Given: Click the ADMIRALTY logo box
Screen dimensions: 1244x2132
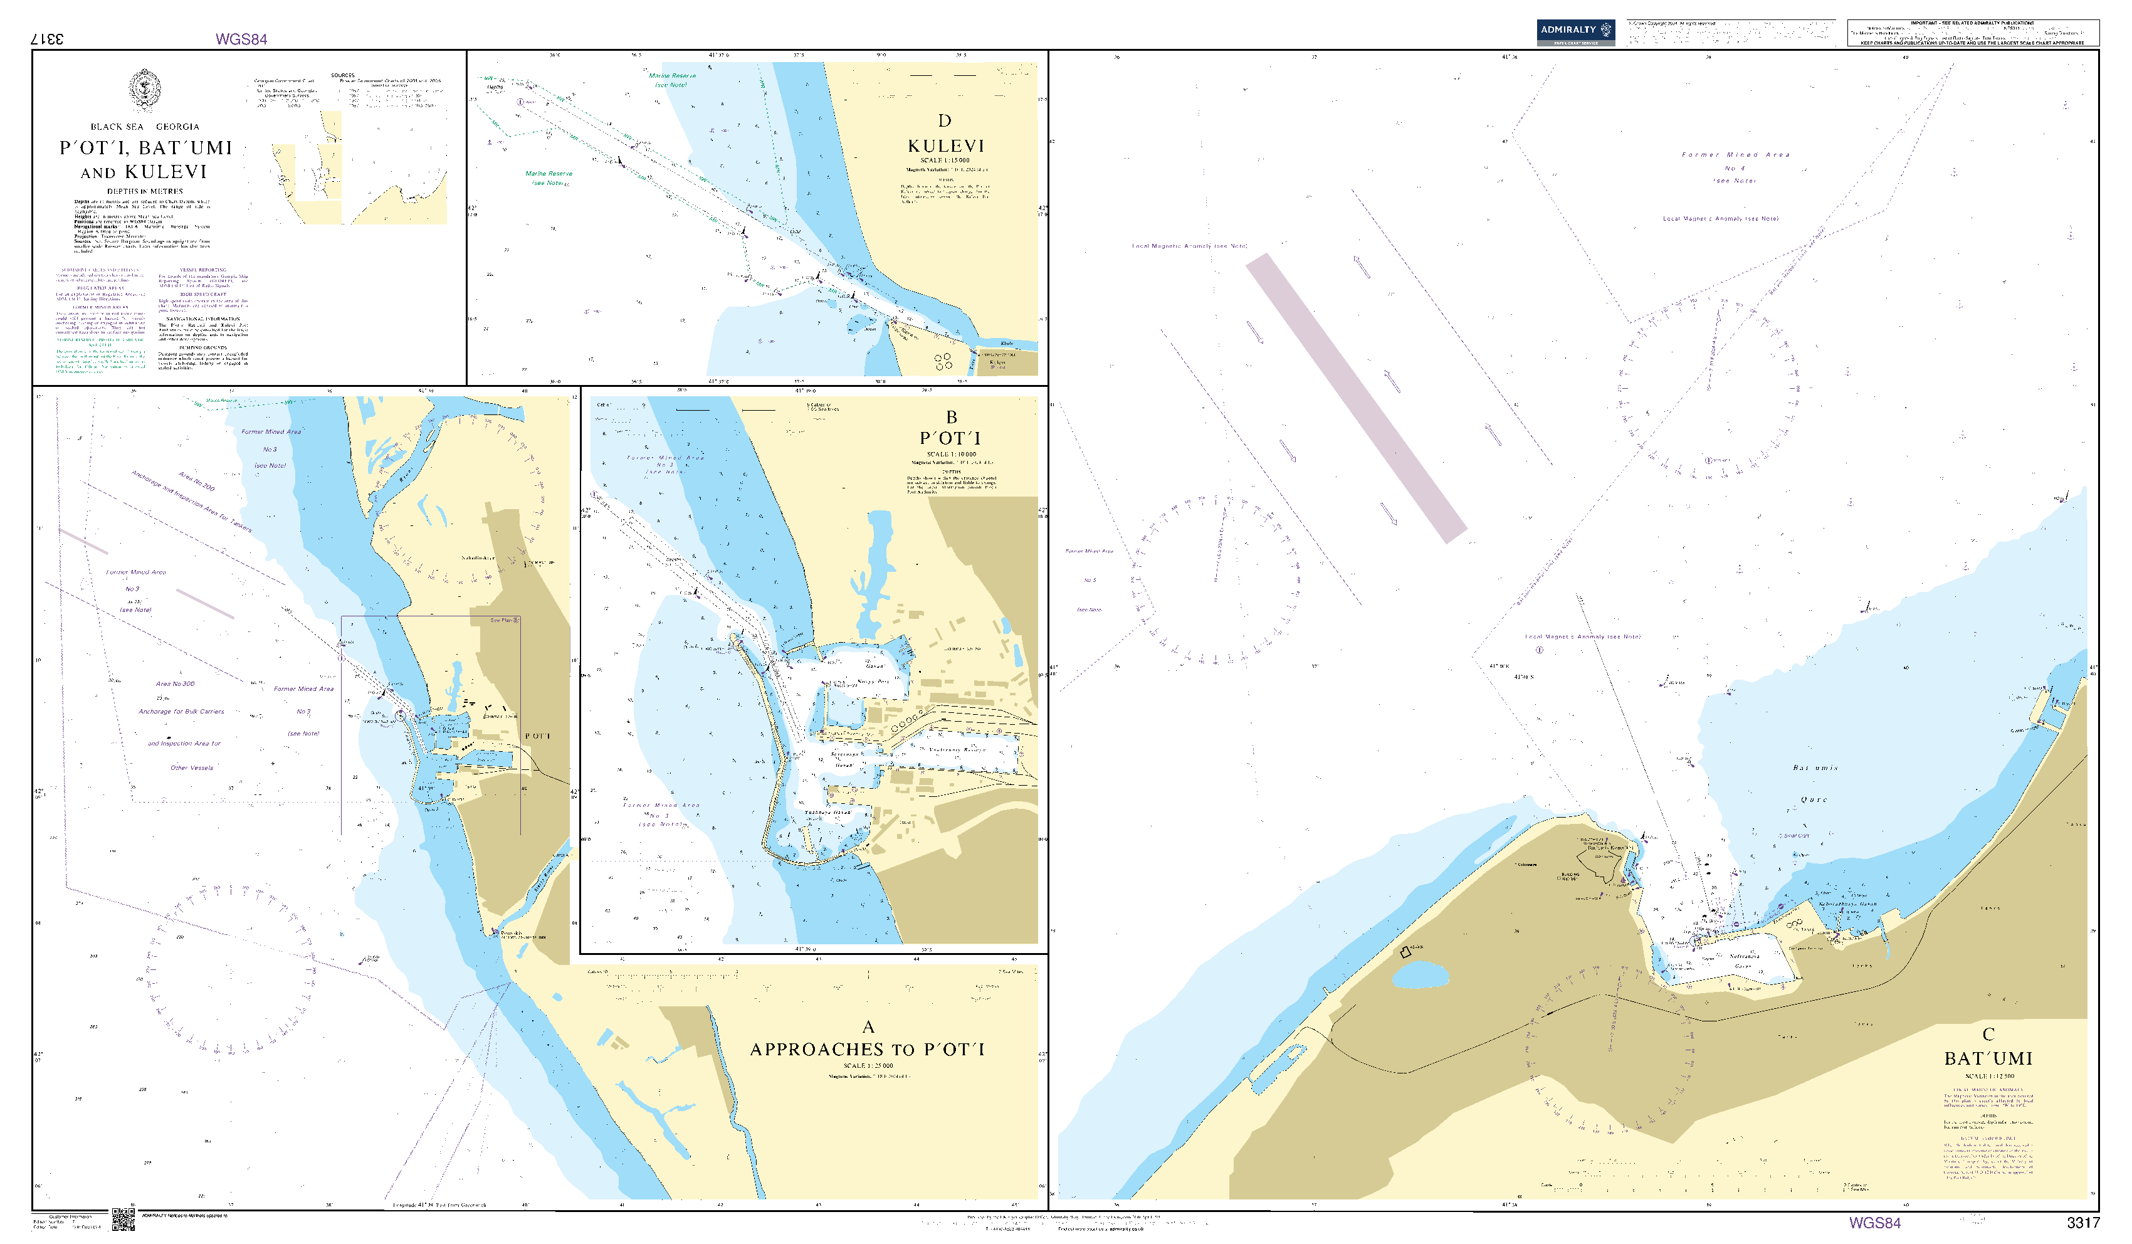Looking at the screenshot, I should [x=1575, y=31].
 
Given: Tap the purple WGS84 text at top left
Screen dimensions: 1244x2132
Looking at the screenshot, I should [x=241, y=39].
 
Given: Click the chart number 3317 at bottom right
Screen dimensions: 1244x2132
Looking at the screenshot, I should [x=2083, y=1223].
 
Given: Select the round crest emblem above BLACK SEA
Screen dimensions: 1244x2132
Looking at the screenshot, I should [x=145, y=90].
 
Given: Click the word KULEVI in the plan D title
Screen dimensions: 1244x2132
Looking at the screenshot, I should [x=946, y=146].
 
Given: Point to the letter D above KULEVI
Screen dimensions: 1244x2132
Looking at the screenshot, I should [x=944, y=121].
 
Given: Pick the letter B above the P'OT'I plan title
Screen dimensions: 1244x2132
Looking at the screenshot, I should [x=951, y=417].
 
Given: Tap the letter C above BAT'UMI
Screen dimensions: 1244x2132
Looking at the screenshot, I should [x=1988, y=1034].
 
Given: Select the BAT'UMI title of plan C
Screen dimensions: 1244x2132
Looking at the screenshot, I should [x=1988, y=1058].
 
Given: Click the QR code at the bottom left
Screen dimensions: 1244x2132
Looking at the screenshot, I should [x=123, y=1219].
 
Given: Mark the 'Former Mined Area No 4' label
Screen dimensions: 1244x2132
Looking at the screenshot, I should [x=1735, y=167].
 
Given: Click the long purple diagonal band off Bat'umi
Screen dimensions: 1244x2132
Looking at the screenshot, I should [x=1355, y=398].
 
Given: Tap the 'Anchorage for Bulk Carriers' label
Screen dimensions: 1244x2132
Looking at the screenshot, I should [x=182, y=712].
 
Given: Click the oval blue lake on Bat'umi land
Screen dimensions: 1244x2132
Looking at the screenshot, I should [x=1420, y=976].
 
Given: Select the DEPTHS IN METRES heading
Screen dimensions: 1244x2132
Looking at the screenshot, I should [x=145, y=191].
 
